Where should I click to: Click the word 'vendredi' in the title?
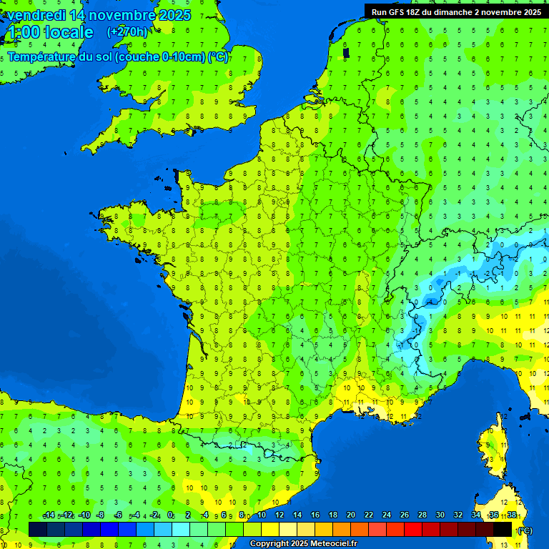pyautogui.click(x=36, y=15)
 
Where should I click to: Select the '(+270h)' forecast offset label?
pyautogui.click(x=127, y=31)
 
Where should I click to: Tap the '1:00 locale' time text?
pyautogui.click(x=50, y=32)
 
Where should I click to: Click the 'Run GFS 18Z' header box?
pyautogui.click(x=455, y=11)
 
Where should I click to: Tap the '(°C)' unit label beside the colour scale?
pyautogui.click(x=524, y=530)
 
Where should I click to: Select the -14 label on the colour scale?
pyautogui.click(x=49, y=515)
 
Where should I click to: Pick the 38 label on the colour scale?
pyautogui.click(x=512, y=515)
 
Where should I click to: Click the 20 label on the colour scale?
pyautogui.click(x=350, y=515)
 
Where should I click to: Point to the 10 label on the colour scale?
pyautogui.click(x=261, y=515)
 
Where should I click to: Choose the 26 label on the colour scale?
pyautogui.click(x=405, y=515)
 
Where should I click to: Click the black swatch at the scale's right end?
pyautogui.click(x=503, y=529)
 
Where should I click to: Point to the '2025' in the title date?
pyautogui.click(x=174, y=15)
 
